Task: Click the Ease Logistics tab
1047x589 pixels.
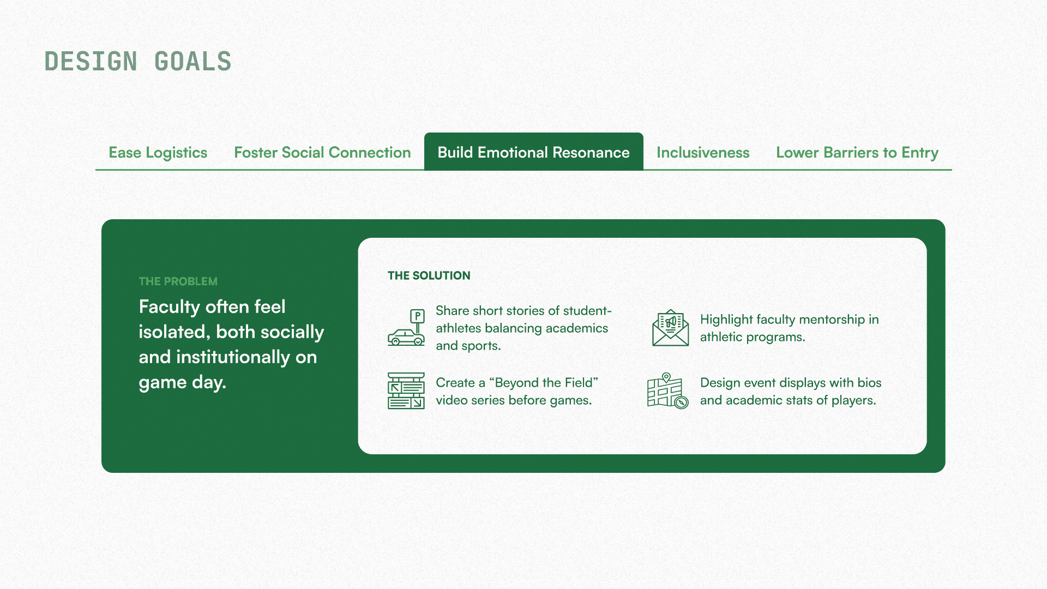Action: tap(158, 153)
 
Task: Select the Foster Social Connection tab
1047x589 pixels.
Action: tap(322, 153)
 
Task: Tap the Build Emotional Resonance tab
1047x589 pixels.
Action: tap(533, 153)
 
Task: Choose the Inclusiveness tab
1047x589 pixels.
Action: tap(703, 153)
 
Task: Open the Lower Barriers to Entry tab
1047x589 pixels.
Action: tap(857, 153)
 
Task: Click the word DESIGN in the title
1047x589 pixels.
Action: tap(91, 62)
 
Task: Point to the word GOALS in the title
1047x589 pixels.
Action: tap(193, 62)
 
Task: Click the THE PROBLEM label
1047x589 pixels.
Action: tap(178, 281)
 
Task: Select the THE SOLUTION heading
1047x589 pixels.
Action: tap(429, 276)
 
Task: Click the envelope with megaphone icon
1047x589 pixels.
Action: tap(670, 328)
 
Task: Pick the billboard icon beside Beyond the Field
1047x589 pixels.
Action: tap(406, 391)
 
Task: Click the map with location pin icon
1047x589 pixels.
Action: tap(667, 390)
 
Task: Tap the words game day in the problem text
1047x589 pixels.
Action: tap(182, 382)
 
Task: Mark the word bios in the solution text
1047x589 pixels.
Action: tap(869, 383)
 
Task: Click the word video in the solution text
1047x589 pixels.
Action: tap(453, 400)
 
